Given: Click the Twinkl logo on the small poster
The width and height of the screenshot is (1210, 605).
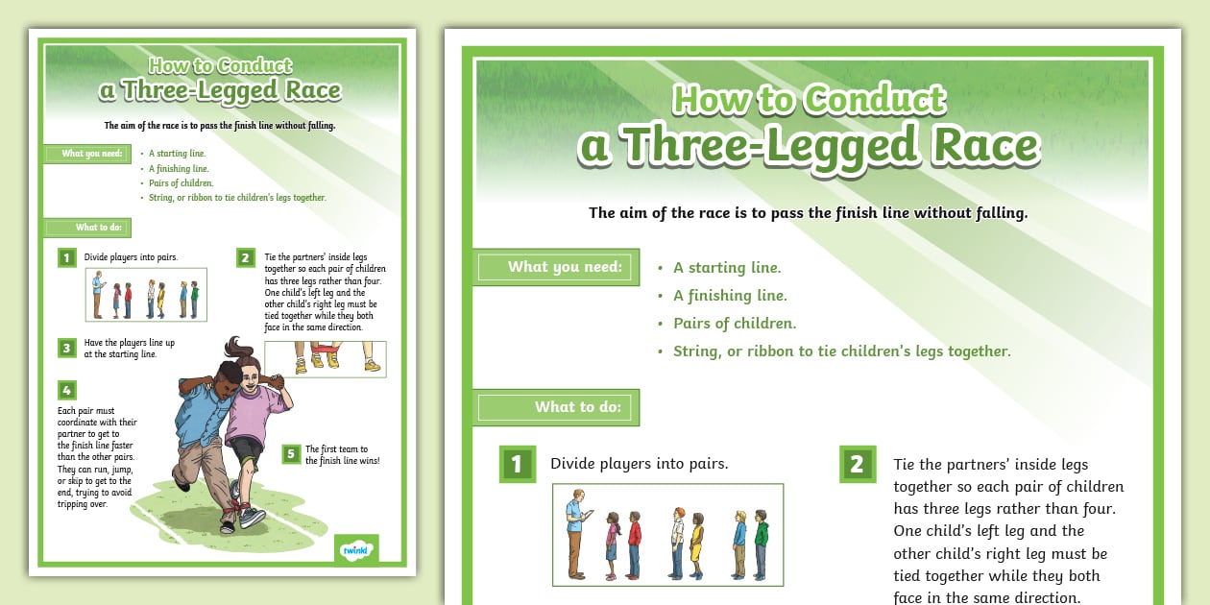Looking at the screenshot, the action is click(356, 550).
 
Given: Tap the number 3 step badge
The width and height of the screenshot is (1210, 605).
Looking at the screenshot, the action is click(67, 348).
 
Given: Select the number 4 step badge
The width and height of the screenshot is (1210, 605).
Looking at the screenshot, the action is click(67, 390).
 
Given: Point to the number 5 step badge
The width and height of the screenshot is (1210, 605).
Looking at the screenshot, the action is click(291, 453).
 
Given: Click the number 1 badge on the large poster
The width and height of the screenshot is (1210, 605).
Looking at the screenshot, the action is click(518, 464).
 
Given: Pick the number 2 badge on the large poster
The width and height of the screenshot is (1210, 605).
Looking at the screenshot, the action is click(858, 464).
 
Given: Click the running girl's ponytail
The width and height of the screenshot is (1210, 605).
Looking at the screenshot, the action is click(238, 350).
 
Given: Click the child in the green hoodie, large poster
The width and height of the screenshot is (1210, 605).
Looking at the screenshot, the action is click(761, 544).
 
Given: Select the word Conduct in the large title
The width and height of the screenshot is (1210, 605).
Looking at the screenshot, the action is click(875, 99).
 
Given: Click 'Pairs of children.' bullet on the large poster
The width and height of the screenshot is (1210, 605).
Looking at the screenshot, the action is click(735, 324).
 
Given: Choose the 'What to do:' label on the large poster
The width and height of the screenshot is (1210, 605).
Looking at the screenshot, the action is click(578, 407).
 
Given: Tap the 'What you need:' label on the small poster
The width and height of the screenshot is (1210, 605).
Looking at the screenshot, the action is click(92, 154).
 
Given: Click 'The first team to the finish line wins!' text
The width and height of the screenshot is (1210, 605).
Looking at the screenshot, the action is click(343, 455).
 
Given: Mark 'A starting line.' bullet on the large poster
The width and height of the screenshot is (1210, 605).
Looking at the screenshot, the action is click(727, 268).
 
